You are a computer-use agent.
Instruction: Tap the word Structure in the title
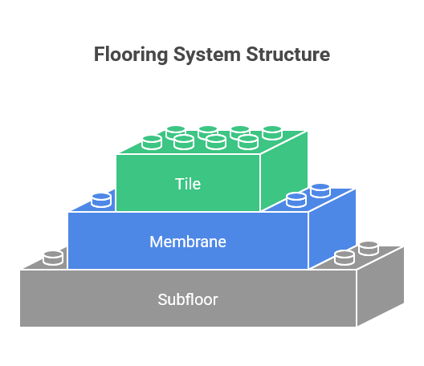pyautogui.click(x=287, y=55)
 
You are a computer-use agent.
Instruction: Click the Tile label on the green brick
pyautogui.click(x=188, y=184)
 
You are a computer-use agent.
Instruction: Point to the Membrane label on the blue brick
pyautogui.click(x=188, y=241)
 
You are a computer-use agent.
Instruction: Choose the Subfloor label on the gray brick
pyautogui.click(x=188, y=299)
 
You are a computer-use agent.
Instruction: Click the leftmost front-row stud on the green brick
pyautogui.click(x=152, y=142)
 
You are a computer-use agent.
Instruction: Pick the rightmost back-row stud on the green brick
pyautogui.click(x=272, y=131)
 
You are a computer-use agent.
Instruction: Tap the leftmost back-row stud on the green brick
pyautogui.click(x=176, y=132)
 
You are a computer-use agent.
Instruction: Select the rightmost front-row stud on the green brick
pyautogui.click(x=248, y=142)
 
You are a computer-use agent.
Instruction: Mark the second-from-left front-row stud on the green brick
pyautogui.click(x=184, y=142)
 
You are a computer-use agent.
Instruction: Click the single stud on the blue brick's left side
pyautogui.click(x=101, y=199)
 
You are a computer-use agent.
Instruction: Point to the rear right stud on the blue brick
pyautogui.click(x=320, y=190)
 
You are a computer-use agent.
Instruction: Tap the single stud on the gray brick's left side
pyautogui.click(x=53, y=257)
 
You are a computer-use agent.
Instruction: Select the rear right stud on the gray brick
pyautogui.click(x=369, y=248)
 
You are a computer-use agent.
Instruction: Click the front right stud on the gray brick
pyautogui.click(x=344, y=257)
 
